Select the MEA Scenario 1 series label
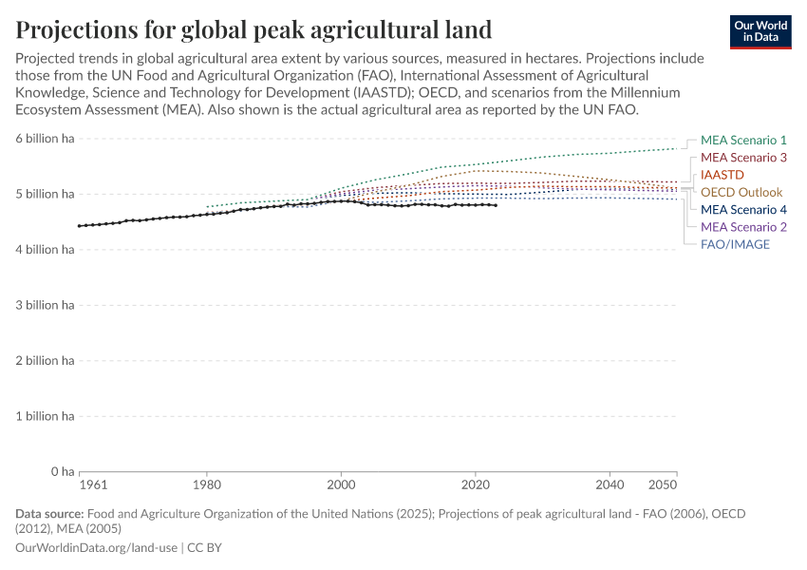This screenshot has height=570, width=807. coord(743,140)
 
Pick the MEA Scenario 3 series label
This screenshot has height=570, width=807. coord(743,158)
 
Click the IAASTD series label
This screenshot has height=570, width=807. coord(723,175)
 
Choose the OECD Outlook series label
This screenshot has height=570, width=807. coord(741,192)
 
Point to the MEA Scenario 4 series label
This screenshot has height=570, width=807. coord(743,210)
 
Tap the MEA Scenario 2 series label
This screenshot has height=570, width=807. coord(743,227)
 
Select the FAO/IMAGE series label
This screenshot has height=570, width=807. coord(735,244)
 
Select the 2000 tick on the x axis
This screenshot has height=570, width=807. coord(341,484)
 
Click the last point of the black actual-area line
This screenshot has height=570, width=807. coord(496,205)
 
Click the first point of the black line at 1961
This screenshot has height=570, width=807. coord(80,226)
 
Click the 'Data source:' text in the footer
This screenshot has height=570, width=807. coord(49,514)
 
